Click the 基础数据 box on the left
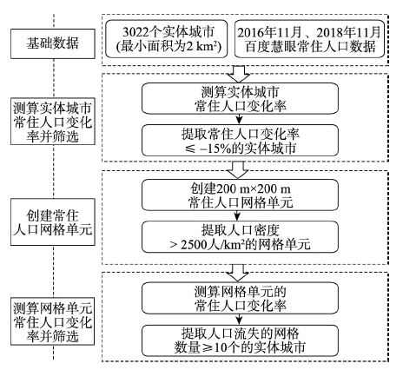click(x=53, y=43)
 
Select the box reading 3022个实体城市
click(x=167, y=39)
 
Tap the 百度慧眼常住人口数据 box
click(x=309, y=39)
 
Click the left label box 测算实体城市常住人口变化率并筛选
click(x=53, y=121)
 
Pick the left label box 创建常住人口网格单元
click(x=53, y=222)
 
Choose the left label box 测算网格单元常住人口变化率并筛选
click(x=53, y=321)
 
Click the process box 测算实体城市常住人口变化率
click(x=240, y=98)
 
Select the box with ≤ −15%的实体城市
click(x=240, y=141)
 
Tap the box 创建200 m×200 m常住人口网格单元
click(x=240, y=195)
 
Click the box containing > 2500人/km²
click(x=240, y=237)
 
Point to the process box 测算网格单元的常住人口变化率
click(x=240, y=298)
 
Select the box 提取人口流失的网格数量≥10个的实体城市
click(x=240, y=340)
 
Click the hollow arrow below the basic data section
click(x=238, y=74)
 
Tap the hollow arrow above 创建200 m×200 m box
click(x=238, y=170)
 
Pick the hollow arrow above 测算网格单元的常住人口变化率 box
click(x=238, y=273)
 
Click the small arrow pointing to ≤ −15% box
click(x=239, y=119)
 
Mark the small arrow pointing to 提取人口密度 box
click(x=237, y=215)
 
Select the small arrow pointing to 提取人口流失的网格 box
click(x=239, y=320)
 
